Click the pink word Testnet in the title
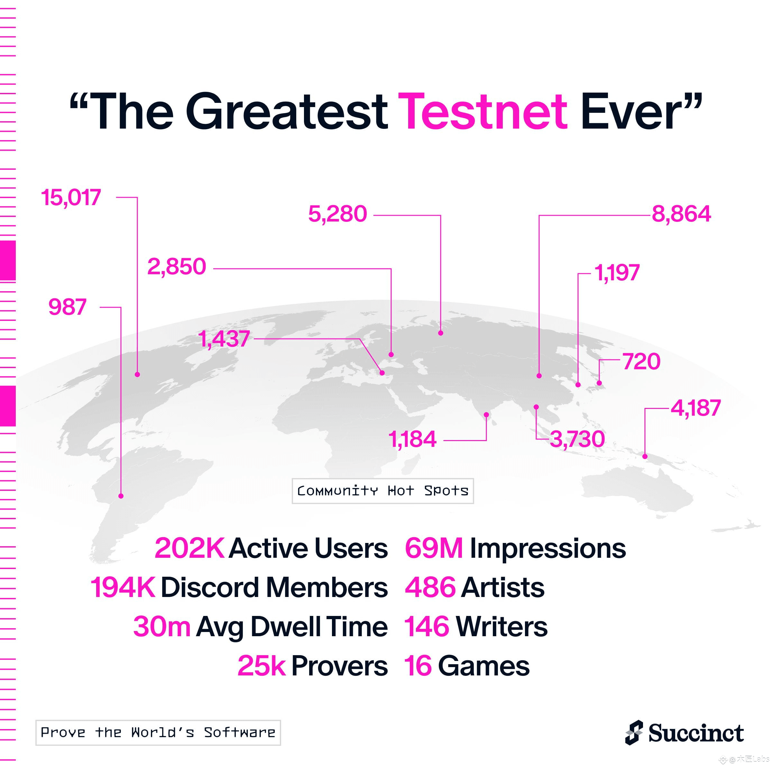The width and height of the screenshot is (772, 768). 482,112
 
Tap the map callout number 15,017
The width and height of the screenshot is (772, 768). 71,198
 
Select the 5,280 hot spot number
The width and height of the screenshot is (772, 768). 338,214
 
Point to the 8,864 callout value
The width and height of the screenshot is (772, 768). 681,214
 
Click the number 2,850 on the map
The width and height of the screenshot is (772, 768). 177,267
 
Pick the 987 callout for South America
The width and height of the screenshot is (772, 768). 67,307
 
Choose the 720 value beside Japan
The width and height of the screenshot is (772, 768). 641,361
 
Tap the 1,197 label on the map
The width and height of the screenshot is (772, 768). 617,273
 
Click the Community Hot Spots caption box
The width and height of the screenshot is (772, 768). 383,491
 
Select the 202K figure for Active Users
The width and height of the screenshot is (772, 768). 189,548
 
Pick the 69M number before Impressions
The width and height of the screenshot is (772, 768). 434,548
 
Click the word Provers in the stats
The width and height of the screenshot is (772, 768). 340,666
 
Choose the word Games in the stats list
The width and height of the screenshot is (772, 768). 484,666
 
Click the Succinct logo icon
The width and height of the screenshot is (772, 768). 634,733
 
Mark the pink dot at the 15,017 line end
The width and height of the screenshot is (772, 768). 137,375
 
